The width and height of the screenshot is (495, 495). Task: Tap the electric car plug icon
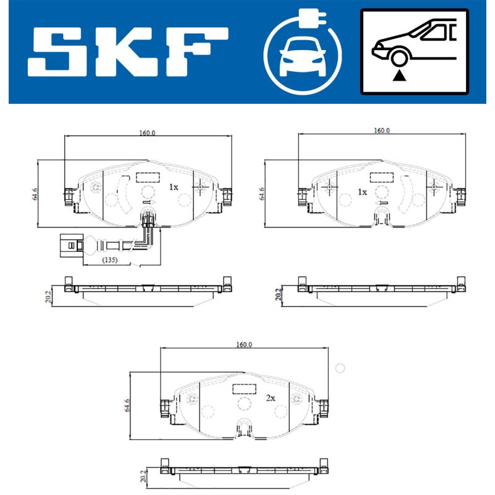tap(303, 52)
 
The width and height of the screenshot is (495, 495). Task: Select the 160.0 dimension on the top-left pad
tap(147, 132)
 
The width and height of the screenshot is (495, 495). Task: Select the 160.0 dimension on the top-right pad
tap(381, 131)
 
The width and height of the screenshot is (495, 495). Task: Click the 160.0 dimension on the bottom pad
tap(243, 345)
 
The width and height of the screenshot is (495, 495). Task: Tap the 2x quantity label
tap(270, 399)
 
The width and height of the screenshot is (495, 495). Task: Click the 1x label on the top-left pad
tap(173, 186)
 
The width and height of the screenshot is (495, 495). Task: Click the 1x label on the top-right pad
tap(363, 192)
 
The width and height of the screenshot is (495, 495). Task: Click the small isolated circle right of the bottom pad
tap(339, 368)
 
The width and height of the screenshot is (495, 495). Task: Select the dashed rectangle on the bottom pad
tap(244, 389)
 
